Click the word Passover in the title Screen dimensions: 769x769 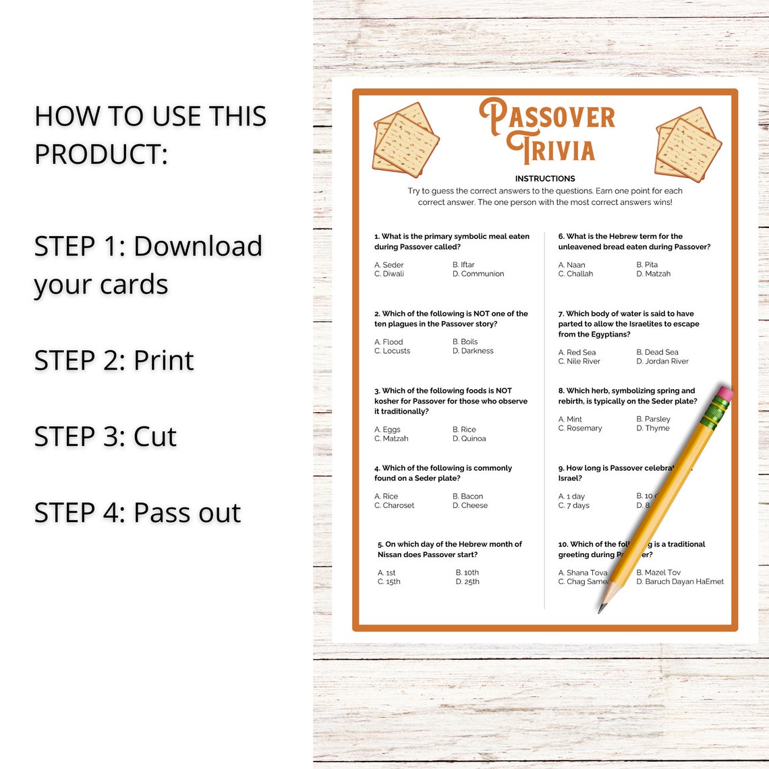coord(548,116)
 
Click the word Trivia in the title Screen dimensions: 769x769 coord(552,150)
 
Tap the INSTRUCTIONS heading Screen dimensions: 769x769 coord(545,179)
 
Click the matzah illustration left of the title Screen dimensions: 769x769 coord(405,139)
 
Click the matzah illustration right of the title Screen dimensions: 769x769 coord(687,144)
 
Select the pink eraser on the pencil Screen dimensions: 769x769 coord(724,393)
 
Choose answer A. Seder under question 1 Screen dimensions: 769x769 coord(389,265)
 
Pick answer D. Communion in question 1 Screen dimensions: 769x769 coord(478,274)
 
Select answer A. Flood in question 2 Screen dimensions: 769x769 coord(389,342)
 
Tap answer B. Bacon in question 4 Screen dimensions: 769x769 coord(467,496)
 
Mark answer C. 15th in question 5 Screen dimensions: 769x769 coord(389,581)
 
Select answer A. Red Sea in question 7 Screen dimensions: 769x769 coord(577,352)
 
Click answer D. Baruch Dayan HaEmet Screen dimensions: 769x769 coord(680,581)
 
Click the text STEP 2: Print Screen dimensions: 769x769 coord(114,360)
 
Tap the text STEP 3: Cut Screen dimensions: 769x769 coord(105,436)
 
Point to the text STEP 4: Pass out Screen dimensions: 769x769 coord(138,513)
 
